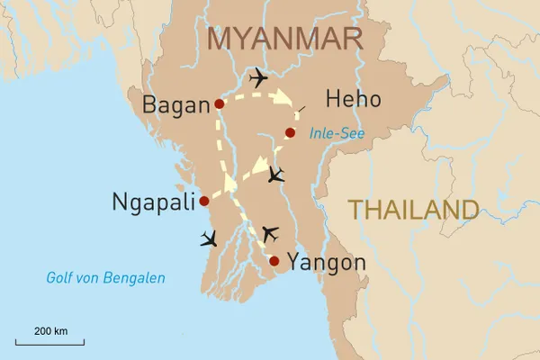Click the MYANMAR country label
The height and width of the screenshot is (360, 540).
285,39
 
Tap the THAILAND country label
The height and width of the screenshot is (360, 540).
413,210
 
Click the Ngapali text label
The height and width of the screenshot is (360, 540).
153,202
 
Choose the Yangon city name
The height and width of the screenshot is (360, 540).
326,263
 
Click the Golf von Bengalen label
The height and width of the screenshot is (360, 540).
105,278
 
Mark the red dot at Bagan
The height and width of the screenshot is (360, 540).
220,104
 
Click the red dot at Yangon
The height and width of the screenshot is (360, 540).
274,262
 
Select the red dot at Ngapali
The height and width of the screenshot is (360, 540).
204,201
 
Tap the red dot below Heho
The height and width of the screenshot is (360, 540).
290,133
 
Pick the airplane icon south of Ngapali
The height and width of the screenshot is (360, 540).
209,238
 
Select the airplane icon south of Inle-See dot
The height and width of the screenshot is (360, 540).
276,174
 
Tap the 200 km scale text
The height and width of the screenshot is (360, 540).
50,331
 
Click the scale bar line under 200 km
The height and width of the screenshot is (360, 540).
50,343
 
